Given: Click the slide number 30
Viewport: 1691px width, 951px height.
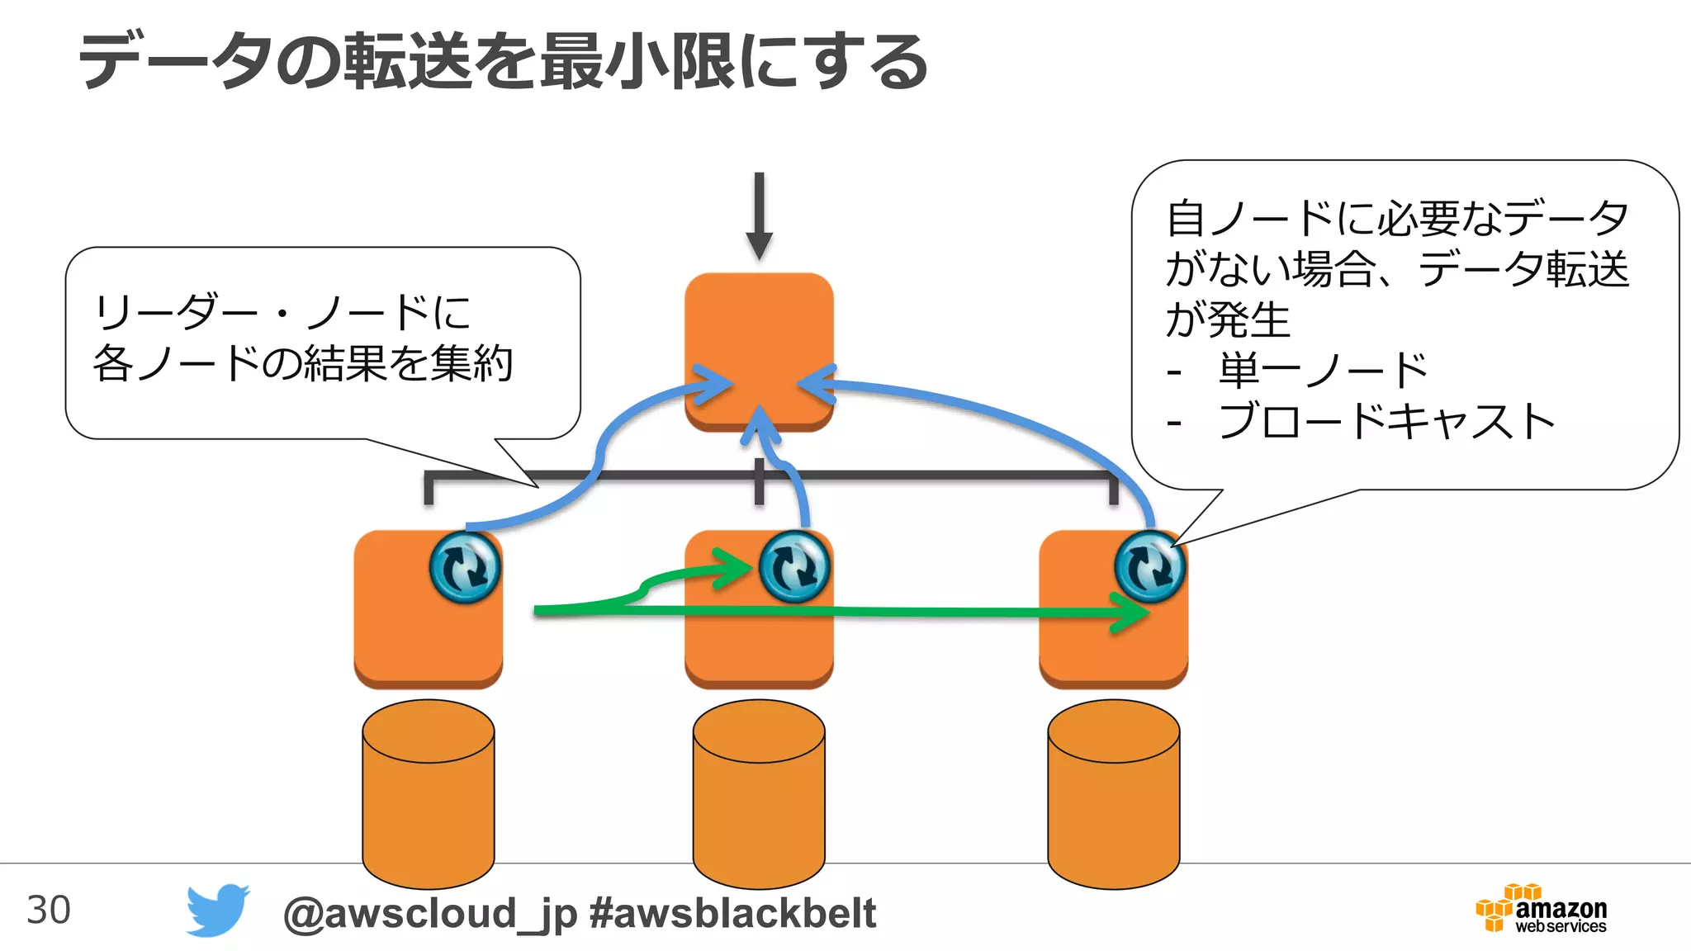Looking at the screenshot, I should click(x=49, y=910).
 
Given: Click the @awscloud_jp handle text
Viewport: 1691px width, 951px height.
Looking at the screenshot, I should click(x=429, y=913).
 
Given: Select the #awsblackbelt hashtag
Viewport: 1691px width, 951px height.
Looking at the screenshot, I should click(x=732, y=913).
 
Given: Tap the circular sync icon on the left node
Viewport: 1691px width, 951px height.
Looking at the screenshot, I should click(x=465, y=567).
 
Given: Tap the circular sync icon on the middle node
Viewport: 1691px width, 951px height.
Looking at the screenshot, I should click(x=794, y=567).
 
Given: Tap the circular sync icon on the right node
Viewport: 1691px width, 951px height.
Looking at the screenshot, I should click(x=1149, y=567).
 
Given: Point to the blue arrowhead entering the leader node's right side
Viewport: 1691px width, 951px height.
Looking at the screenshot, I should click(x=816, y=385).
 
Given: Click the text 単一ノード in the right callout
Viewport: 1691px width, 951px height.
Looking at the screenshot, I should click(x=1323, y=371).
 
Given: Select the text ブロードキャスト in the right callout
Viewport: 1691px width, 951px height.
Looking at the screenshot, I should click(x=1387, y=422).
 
